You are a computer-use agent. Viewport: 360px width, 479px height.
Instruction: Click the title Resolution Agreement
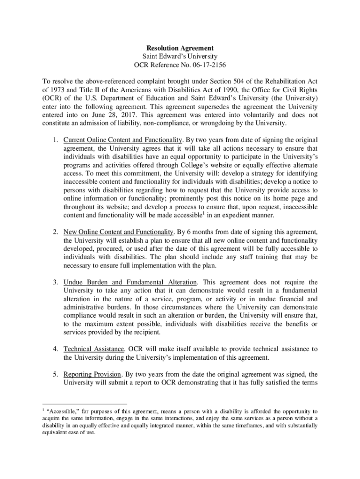180,48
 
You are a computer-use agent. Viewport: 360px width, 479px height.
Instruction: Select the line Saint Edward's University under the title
180,57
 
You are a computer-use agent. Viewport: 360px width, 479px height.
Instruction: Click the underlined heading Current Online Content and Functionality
122,140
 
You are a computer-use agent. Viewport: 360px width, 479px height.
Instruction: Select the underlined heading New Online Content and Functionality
119,232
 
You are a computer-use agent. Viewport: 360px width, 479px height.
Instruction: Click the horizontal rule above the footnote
85,404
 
